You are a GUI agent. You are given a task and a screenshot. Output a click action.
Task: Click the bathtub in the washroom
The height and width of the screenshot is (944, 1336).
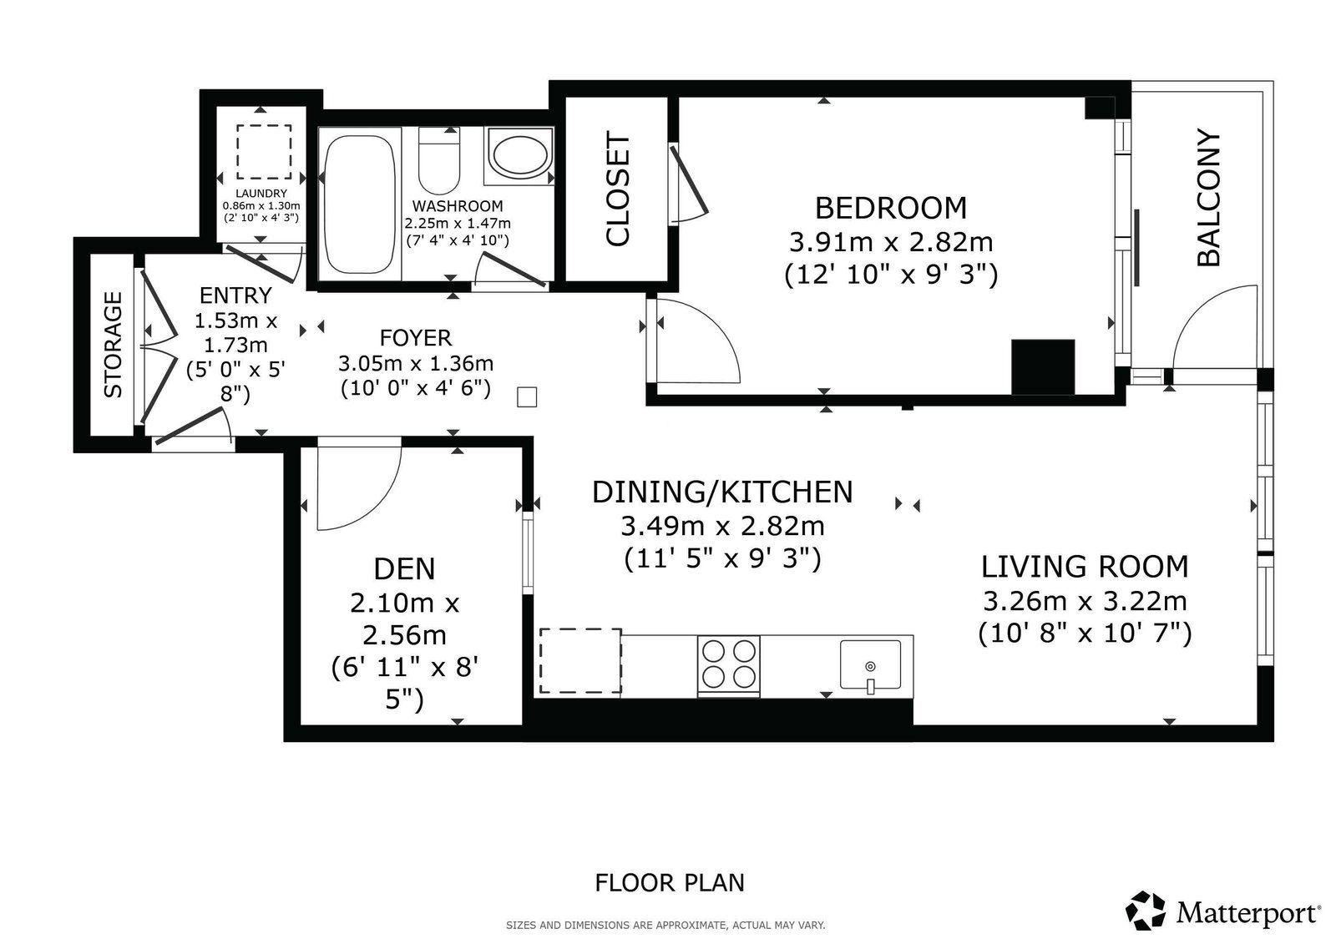(x=360, y=204)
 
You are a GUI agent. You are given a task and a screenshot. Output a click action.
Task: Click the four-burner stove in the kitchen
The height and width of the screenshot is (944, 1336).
(x=729, y=665)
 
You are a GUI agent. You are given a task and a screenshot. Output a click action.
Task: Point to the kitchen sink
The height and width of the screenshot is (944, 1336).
(x=870, y=665)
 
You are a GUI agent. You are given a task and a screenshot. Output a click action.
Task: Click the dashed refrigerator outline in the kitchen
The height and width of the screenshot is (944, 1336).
(x=580, y=661)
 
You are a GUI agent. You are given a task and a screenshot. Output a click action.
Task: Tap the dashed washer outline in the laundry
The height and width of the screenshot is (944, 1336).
(x=264, y=151)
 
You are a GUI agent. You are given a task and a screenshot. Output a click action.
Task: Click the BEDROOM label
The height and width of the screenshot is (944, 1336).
(x=890, y=208)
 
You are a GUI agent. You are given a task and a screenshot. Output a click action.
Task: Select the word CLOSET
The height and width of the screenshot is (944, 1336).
(x=617, y=189)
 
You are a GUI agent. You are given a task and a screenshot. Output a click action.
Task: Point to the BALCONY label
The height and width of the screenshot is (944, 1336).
(x=1208, y=197)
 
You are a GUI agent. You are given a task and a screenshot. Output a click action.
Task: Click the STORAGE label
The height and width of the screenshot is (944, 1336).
(x=113, y=345)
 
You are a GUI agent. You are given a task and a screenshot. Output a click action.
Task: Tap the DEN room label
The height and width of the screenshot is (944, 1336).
(x=404, y=569)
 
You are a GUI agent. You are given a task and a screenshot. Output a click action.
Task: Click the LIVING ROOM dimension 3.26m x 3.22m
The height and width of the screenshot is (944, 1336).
(x=1085, y=601)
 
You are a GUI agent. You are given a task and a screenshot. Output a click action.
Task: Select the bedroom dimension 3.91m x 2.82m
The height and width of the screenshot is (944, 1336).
(x=891, y=242)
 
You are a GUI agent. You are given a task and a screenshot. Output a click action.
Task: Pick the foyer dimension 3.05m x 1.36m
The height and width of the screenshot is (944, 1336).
(x=416, y=363)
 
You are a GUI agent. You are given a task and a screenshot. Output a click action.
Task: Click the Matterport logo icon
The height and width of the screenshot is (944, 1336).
(x=1145, y=911)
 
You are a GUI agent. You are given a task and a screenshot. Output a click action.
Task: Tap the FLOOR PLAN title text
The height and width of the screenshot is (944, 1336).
(x=669, y=882)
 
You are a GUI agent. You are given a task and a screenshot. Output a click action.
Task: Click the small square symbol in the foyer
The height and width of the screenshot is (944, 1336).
(x=527, y=396)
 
